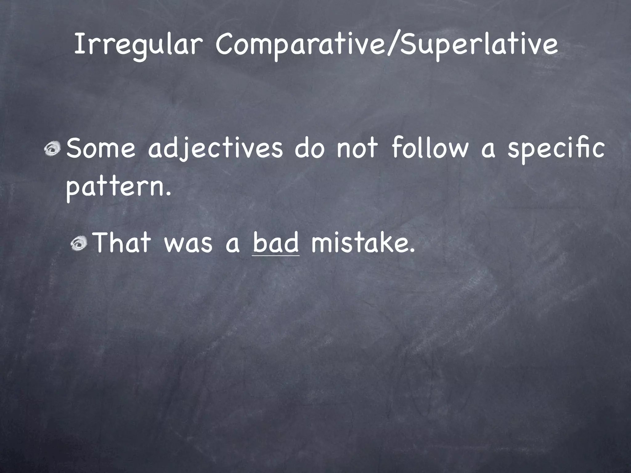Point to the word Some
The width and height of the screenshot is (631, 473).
(x=101, y=148)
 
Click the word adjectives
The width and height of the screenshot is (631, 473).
(x=215, y=148)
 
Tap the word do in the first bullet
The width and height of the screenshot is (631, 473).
(x=309, y=148)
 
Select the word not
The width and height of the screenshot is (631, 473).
(x=357, y=148)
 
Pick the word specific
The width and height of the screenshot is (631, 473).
(x=556, y=148)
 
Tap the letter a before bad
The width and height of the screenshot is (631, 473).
(x=233, y=245)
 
